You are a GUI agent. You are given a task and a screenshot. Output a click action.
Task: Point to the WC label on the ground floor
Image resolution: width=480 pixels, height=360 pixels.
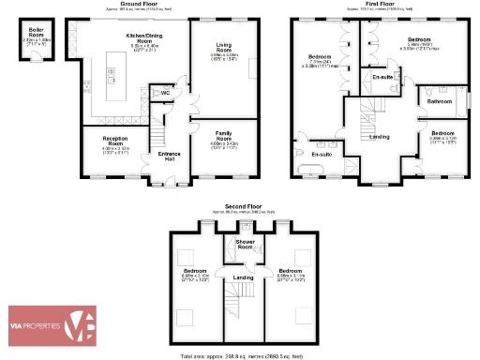point(164,93)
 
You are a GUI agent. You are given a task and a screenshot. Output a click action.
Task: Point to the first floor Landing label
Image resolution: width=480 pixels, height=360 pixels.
point(380,137)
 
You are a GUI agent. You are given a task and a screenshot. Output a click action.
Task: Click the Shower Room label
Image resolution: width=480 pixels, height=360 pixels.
point(246,244)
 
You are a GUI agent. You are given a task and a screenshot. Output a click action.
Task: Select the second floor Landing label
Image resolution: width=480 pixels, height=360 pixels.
point(244,277)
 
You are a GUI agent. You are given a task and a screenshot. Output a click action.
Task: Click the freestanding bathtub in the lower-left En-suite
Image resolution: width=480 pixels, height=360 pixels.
point(312,170)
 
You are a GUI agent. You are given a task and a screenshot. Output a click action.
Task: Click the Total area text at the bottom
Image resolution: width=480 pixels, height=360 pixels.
point(242,356)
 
